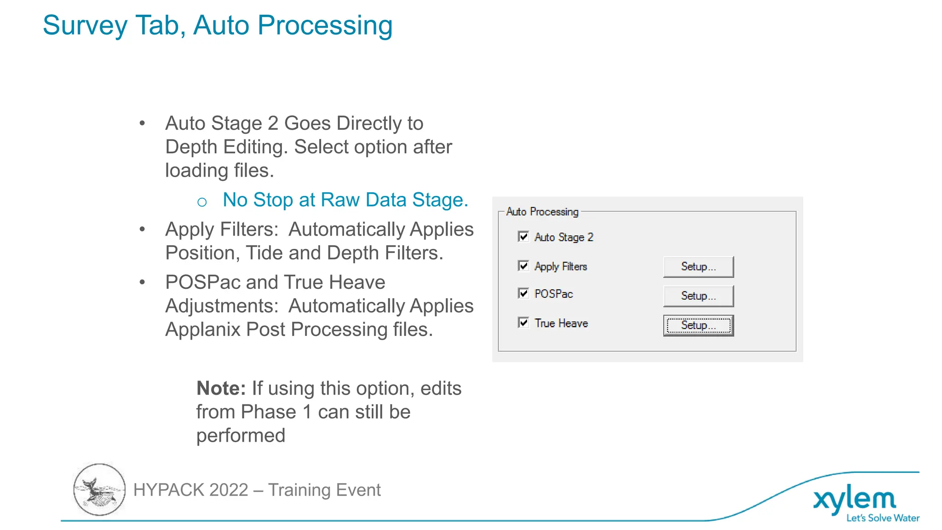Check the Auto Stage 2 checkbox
(523, 236)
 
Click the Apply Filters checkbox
(523, 266)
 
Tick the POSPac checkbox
(523, 294)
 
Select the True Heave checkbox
(523, 323)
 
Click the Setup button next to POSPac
(698, 296)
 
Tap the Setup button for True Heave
(698, 325)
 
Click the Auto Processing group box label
(542, 212)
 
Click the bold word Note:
(221, 389)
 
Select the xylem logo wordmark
(855, 500)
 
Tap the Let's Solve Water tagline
(883, 518)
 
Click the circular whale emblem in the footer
(99, 490)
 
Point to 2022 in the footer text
(229, 490)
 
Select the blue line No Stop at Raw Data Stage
(345, 200)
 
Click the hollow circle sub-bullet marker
(202, 202)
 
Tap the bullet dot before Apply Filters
(143, 229)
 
